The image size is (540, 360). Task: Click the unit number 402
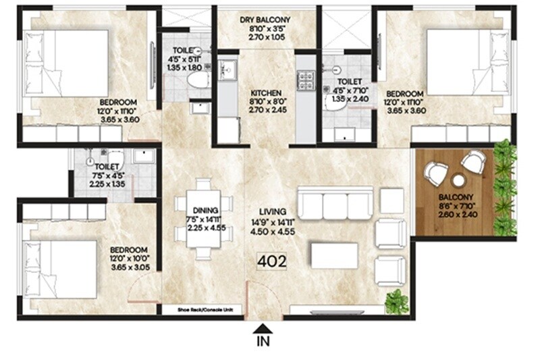coord(271,261)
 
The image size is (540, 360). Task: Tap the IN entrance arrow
coord(262,330)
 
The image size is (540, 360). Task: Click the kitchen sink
coord(227,68)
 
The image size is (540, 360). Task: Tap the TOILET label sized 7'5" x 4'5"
coord(107,165)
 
